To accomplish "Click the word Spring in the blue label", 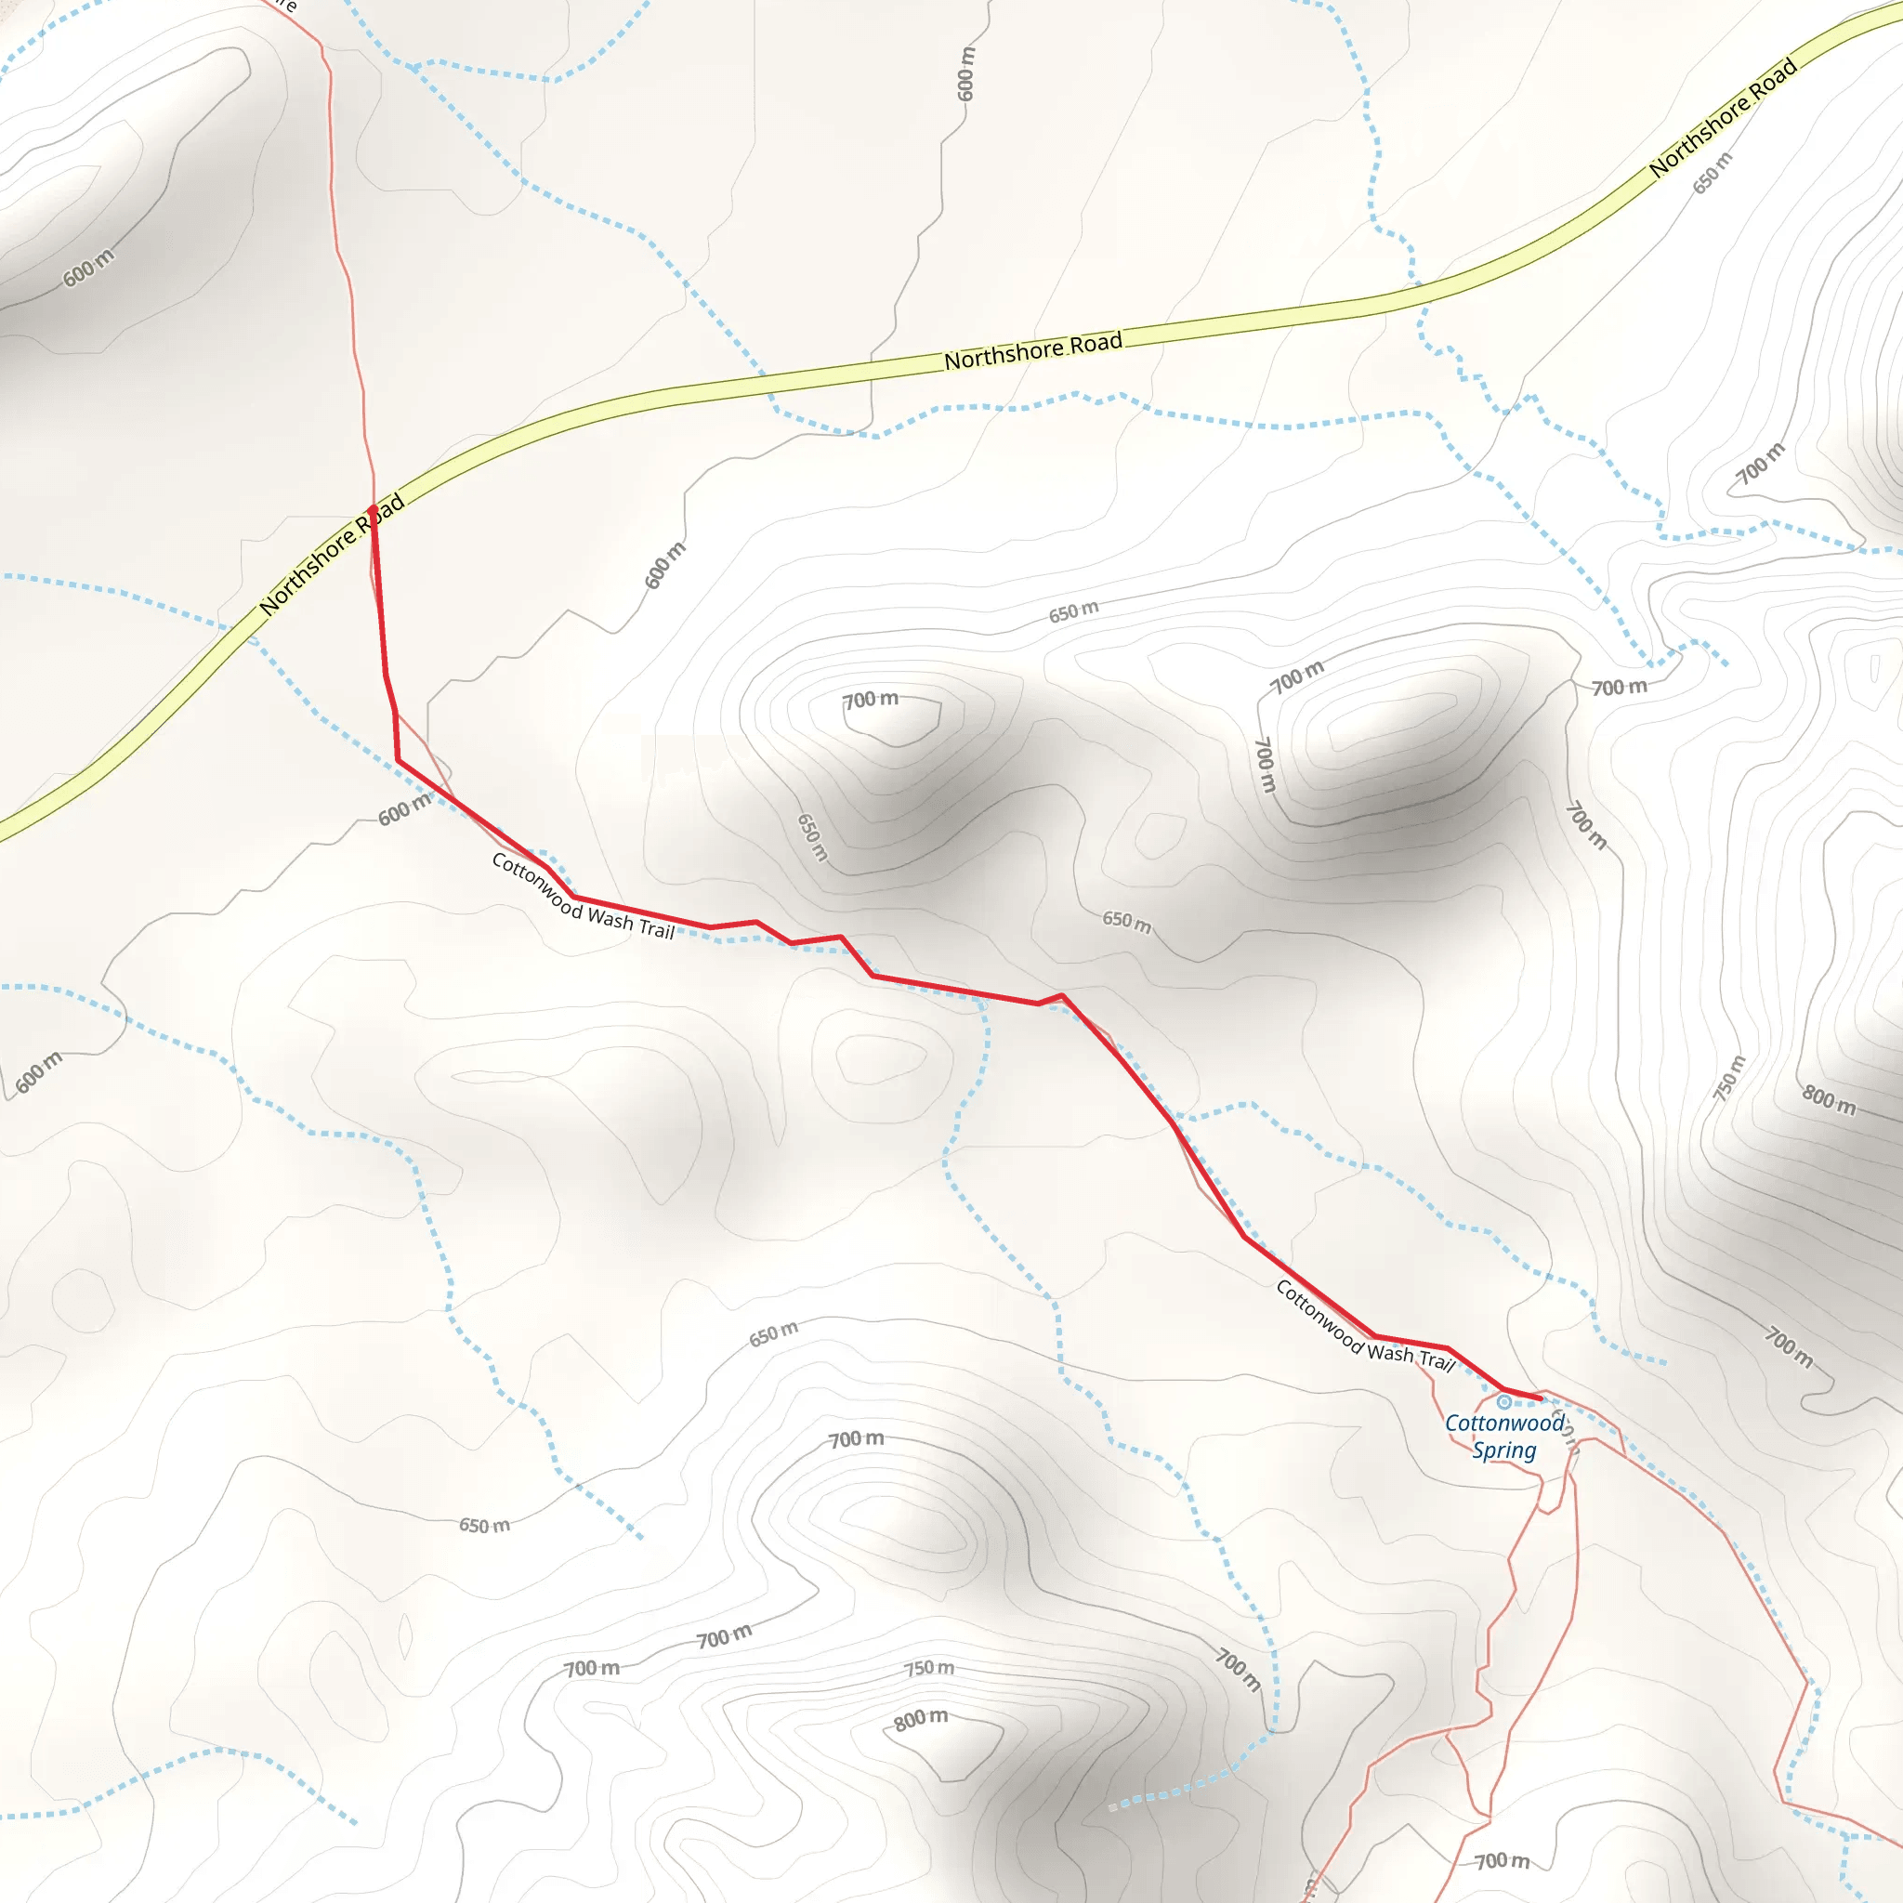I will tap(1504, 1450).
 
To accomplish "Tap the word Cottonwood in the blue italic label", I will tap(1503, 1424).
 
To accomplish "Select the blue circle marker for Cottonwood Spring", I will tap(1504, 1401).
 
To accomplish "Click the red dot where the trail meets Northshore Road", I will tap(373, 509).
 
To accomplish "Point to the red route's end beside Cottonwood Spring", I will tap(1541, 1398).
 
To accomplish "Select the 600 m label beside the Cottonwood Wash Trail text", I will tap(405, 809).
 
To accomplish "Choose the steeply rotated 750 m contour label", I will tap(1729, 1078).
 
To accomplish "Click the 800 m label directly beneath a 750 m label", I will tap(921, 1720).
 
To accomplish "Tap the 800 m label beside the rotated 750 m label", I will tap(1829, 1100).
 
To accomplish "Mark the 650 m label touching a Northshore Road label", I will tap(1712, 174).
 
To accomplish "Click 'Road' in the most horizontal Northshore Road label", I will tap(1096, 344).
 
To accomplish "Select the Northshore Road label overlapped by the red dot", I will tap(332, 555).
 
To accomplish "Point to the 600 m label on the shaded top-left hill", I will tap(88, 269).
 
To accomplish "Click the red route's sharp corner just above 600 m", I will tap(398, 760).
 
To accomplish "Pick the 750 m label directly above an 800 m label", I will tap(930, 1668).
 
